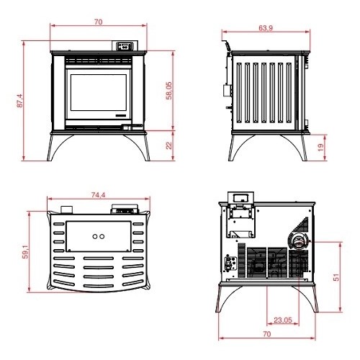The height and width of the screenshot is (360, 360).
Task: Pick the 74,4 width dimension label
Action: (x=99, y=195)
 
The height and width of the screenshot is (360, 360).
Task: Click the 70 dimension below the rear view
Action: (x=267, y=335)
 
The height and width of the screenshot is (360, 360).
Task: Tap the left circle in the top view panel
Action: (x=94, y=236)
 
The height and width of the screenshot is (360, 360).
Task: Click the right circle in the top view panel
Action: (x=103, y=236)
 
